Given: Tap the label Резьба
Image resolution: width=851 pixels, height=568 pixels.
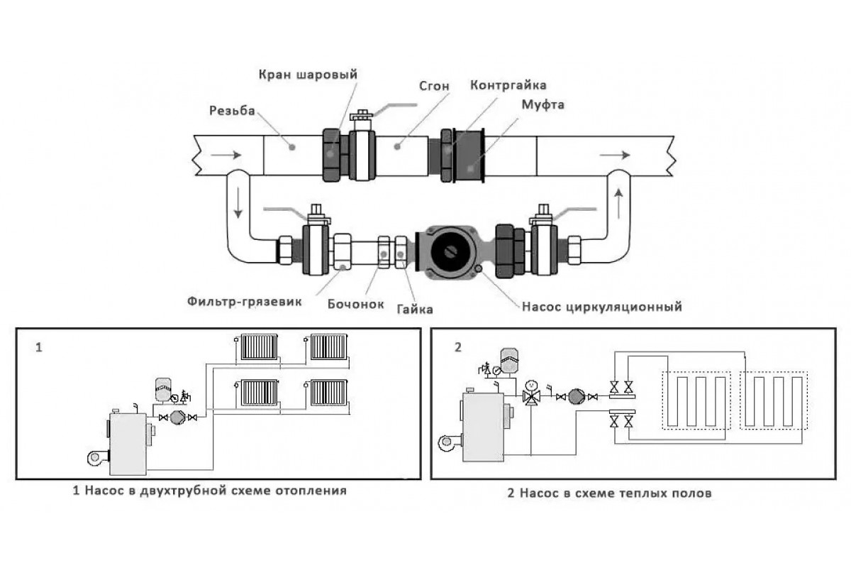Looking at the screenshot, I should point(232,111).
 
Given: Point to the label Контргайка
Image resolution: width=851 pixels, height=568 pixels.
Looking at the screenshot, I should point(508,85).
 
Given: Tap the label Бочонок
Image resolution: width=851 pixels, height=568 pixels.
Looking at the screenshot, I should point(355,304).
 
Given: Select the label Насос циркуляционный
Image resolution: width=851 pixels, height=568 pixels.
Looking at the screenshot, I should point(601,307).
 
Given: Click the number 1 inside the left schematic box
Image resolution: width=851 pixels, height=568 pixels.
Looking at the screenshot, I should point(39,348).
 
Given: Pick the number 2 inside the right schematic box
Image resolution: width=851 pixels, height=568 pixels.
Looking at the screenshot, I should point(457,347).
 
